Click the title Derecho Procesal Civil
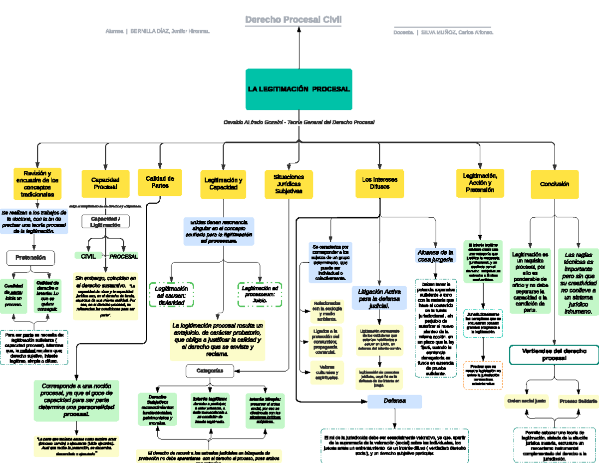pos(293,19)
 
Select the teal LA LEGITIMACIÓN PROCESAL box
pos(299,89)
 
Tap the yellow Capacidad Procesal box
pos(104,183)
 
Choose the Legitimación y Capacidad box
pos(223,183)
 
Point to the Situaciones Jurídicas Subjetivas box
pos(289,183)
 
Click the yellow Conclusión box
pos(554,184)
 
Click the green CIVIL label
pos(88,256)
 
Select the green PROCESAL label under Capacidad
pos(123,256)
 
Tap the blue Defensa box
pos(394,401)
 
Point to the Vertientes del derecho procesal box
pos(554,355)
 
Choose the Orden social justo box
pos(527,401)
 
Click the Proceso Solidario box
pos(578,401)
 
